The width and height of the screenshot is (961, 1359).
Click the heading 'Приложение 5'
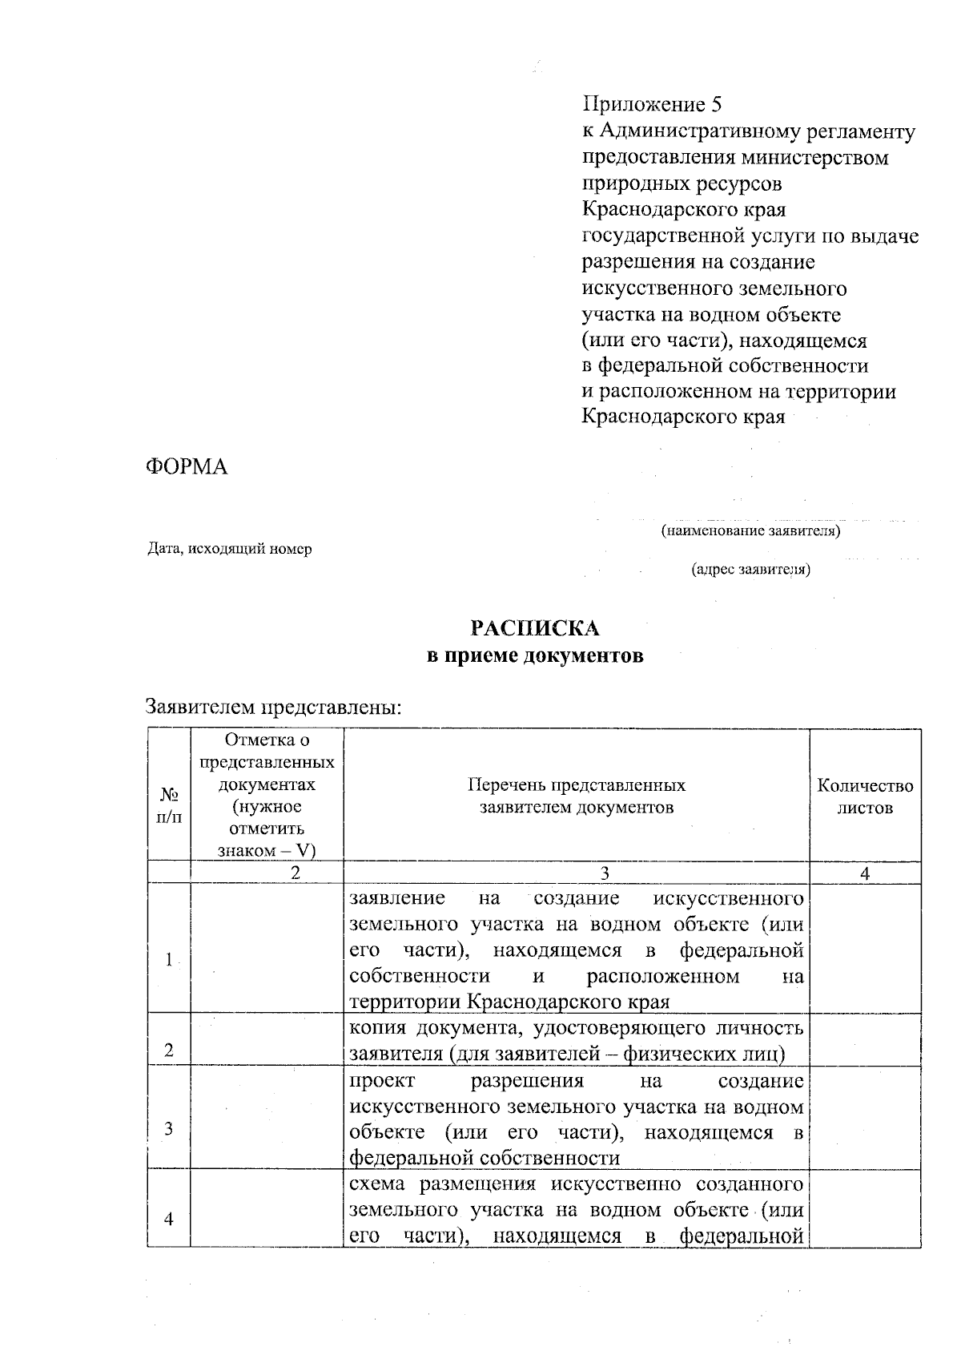[x=652, y=105]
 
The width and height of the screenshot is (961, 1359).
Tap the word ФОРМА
[x=187, y=467]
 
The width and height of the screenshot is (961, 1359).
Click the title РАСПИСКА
[x=534, y=628]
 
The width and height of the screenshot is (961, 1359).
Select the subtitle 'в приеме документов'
[x=534, y=656]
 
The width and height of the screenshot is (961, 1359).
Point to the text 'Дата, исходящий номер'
[x=229, y=549]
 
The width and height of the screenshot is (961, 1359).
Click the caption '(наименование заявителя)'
[x=750, y=530]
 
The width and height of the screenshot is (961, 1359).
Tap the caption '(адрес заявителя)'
[x=750, y=570]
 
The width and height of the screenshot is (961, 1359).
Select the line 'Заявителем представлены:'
[x=273, y=708]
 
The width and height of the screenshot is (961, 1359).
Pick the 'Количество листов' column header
[x=865, y=796]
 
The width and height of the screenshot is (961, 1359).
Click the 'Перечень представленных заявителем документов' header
[x=577, y=796]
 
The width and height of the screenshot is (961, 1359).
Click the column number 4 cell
[x=865, y=873]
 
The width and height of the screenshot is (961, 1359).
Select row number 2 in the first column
[x=169, y=1051]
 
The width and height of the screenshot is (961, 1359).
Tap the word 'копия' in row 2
[x=377, y=1028]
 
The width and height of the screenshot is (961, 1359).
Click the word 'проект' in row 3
[x=383, y=1081]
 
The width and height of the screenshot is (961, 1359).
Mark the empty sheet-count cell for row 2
[x=865, y=1039]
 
